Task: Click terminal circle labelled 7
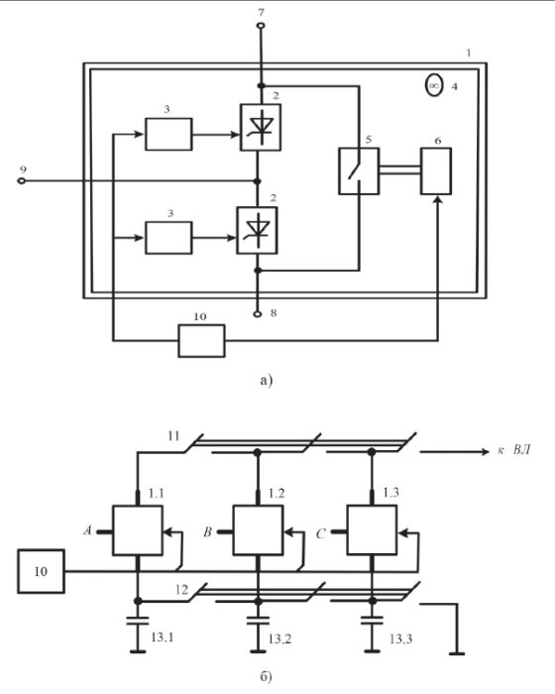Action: tap(261, 26)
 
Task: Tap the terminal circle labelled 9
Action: tap(21, 180)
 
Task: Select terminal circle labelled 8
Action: tap(258, 314)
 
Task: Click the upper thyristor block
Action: tap(261, 128)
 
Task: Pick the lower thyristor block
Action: tap(257, 230)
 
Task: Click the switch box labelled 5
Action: tap(359, 171)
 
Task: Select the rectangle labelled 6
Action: tap(436, 171)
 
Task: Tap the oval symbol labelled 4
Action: tap(434, 85)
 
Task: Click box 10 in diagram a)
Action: tap(201, 341)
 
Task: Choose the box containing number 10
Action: tap(42, 571)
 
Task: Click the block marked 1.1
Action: tap(138, 530)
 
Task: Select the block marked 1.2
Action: tap(258, 530)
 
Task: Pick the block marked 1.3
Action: tap(372, 529)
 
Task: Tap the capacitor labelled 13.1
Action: tap(138, 620)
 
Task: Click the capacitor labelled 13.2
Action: tap(258, 620)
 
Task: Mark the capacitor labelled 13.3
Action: tap(373, 620)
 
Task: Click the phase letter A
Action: tap(87, 529)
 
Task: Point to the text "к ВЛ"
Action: tap(513, 450)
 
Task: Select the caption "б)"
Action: tap(266, 677)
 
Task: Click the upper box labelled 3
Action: tap(168, 134)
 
